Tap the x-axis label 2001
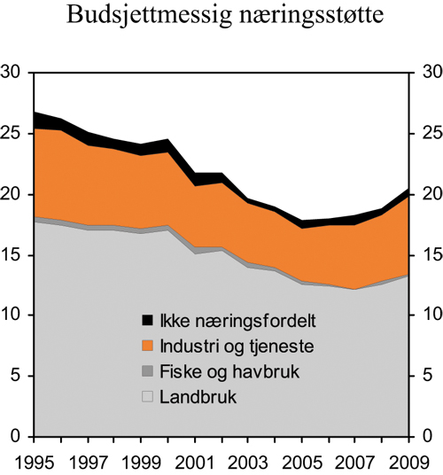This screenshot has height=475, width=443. pyautogui.click(x=194, y=462)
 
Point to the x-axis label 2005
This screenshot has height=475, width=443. pyautogui.click(x=300, y=462)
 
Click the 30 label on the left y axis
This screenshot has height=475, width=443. pyautogui.click(x=12, y=74)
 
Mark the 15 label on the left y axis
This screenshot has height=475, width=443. pyautogui.click(x=12, y=255)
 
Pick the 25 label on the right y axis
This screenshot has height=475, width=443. pyautogui.click(x=429, y=134)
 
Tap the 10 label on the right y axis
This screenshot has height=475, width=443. pyautogui.click(x=429, y=316)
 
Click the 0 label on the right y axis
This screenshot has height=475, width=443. pyautogui.click(x=424, y=438)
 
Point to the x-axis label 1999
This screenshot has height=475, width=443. pyautogui.click(x=140, y=462)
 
